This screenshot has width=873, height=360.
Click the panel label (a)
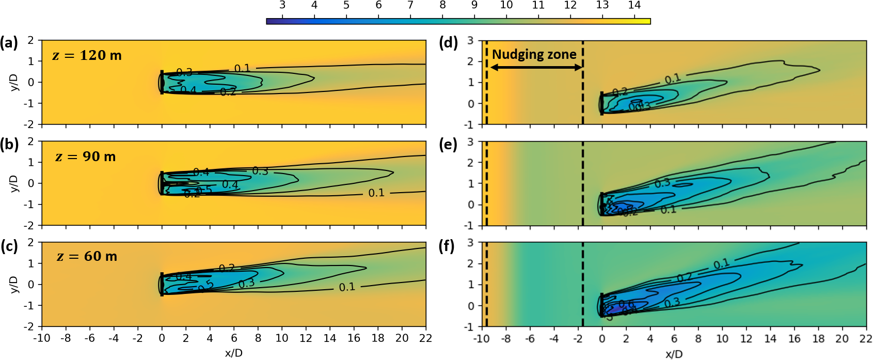(9, 43)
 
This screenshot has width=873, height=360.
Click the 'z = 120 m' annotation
(87, 55)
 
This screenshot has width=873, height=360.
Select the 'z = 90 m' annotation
(85, 156)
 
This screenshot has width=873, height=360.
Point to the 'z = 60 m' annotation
(86, 256)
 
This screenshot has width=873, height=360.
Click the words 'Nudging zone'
(534, 54)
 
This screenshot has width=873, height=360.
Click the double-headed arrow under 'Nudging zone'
(535, 68)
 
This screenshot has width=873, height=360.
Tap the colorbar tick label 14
(634, 5)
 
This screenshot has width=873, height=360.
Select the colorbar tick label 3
(282, 5)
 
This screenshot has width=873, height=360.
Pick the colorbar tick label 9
(474, 5)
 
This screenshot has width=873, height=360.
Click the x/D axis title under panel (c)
(233, 353)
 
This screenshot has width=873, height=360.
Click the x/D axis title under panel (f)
(674, 354)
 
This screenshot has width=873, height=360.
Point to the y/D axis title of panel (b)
(14, 183)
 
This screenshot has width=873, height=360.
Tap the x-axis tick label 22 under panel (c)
(425, 338)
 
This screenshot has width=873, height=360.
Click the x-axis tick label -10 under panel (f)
(481, 339)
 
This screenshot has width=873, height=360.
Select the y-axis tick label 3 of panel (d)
(470, 40)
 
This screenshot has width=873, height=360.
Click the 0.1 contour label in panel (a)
(242, 68)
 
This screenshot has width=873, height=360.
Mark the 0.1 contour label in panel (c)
(347, 287)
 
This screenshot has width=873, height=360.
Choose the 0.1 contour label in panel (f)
(721, 264)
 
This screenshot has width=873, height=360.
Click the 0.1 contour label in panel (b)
(376, 193)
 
